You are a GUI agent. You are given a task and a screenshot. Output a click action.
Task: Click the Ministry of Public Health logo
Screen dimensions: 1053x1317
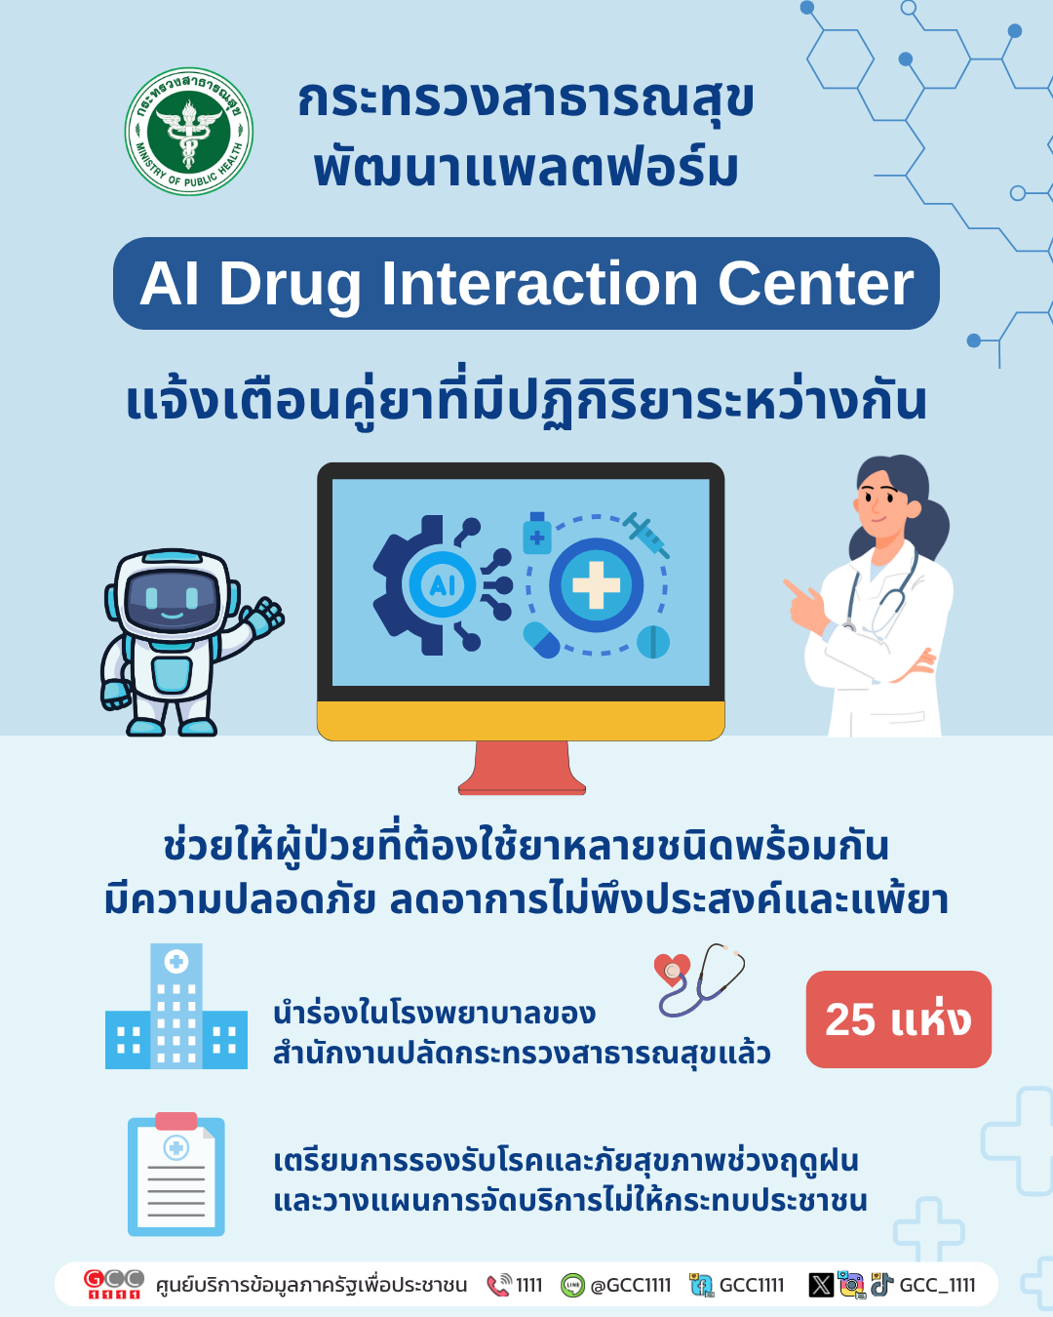[189, 132]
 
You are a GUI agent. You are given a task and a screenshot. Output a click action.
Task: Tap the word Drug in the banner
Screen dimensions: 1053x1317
[290, 286]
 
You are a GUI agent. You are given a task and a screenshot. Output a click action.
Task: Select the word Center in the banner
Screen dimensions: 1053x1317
[816, 284]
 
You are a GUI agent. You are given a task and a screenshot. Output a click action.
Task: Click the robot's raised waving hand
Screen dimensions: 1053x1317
[264, 617]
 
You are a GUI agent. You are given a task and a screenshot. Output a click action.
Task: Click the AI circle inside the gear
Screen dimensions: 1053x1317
[442, 584]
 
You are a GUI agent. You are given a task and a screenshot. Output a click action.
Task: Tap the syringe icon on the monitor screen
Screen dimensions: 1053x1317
[646, 536]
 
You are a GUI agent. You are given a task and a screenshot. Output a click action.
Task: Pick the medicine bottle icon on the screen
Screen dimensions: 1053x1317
[537, 533]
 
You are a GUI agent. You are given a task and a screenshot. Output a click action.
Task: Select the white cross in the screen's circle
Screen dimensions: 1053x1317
[596, 585]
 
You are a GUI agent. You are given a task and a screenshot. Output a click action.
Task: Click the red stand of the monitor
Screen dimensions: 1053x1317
[522, 768]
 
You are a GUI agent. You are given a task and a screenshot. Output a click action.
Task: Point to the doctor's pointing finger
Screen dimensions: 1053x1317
[795, 588]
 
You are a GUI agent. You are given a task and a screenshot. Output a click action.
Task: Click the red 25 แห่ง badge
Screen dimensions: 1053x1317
[898, 1019]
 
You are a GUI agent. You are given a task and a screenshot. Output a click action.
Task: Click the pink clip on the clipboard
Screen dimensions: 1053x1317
[176, 1121]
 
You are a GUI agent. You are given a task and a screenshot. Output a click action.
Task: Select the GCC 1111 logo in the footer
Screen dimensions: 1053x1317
[113, 1284]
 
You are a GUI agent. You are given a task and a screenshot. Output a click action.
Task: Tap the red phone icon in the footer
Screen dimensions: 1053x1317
[498, 1285]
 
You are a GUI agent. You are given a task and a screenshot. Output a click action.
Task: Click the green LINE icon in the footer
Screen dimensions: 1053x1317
[572, 1285]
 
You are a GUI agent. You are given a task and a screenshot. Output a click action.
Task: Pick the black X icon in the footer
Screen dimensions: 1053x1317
[821, 1285]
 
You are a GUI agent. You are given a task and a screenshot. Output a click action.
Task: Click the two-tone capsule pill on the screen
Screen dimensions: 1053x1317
[541, 640]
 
